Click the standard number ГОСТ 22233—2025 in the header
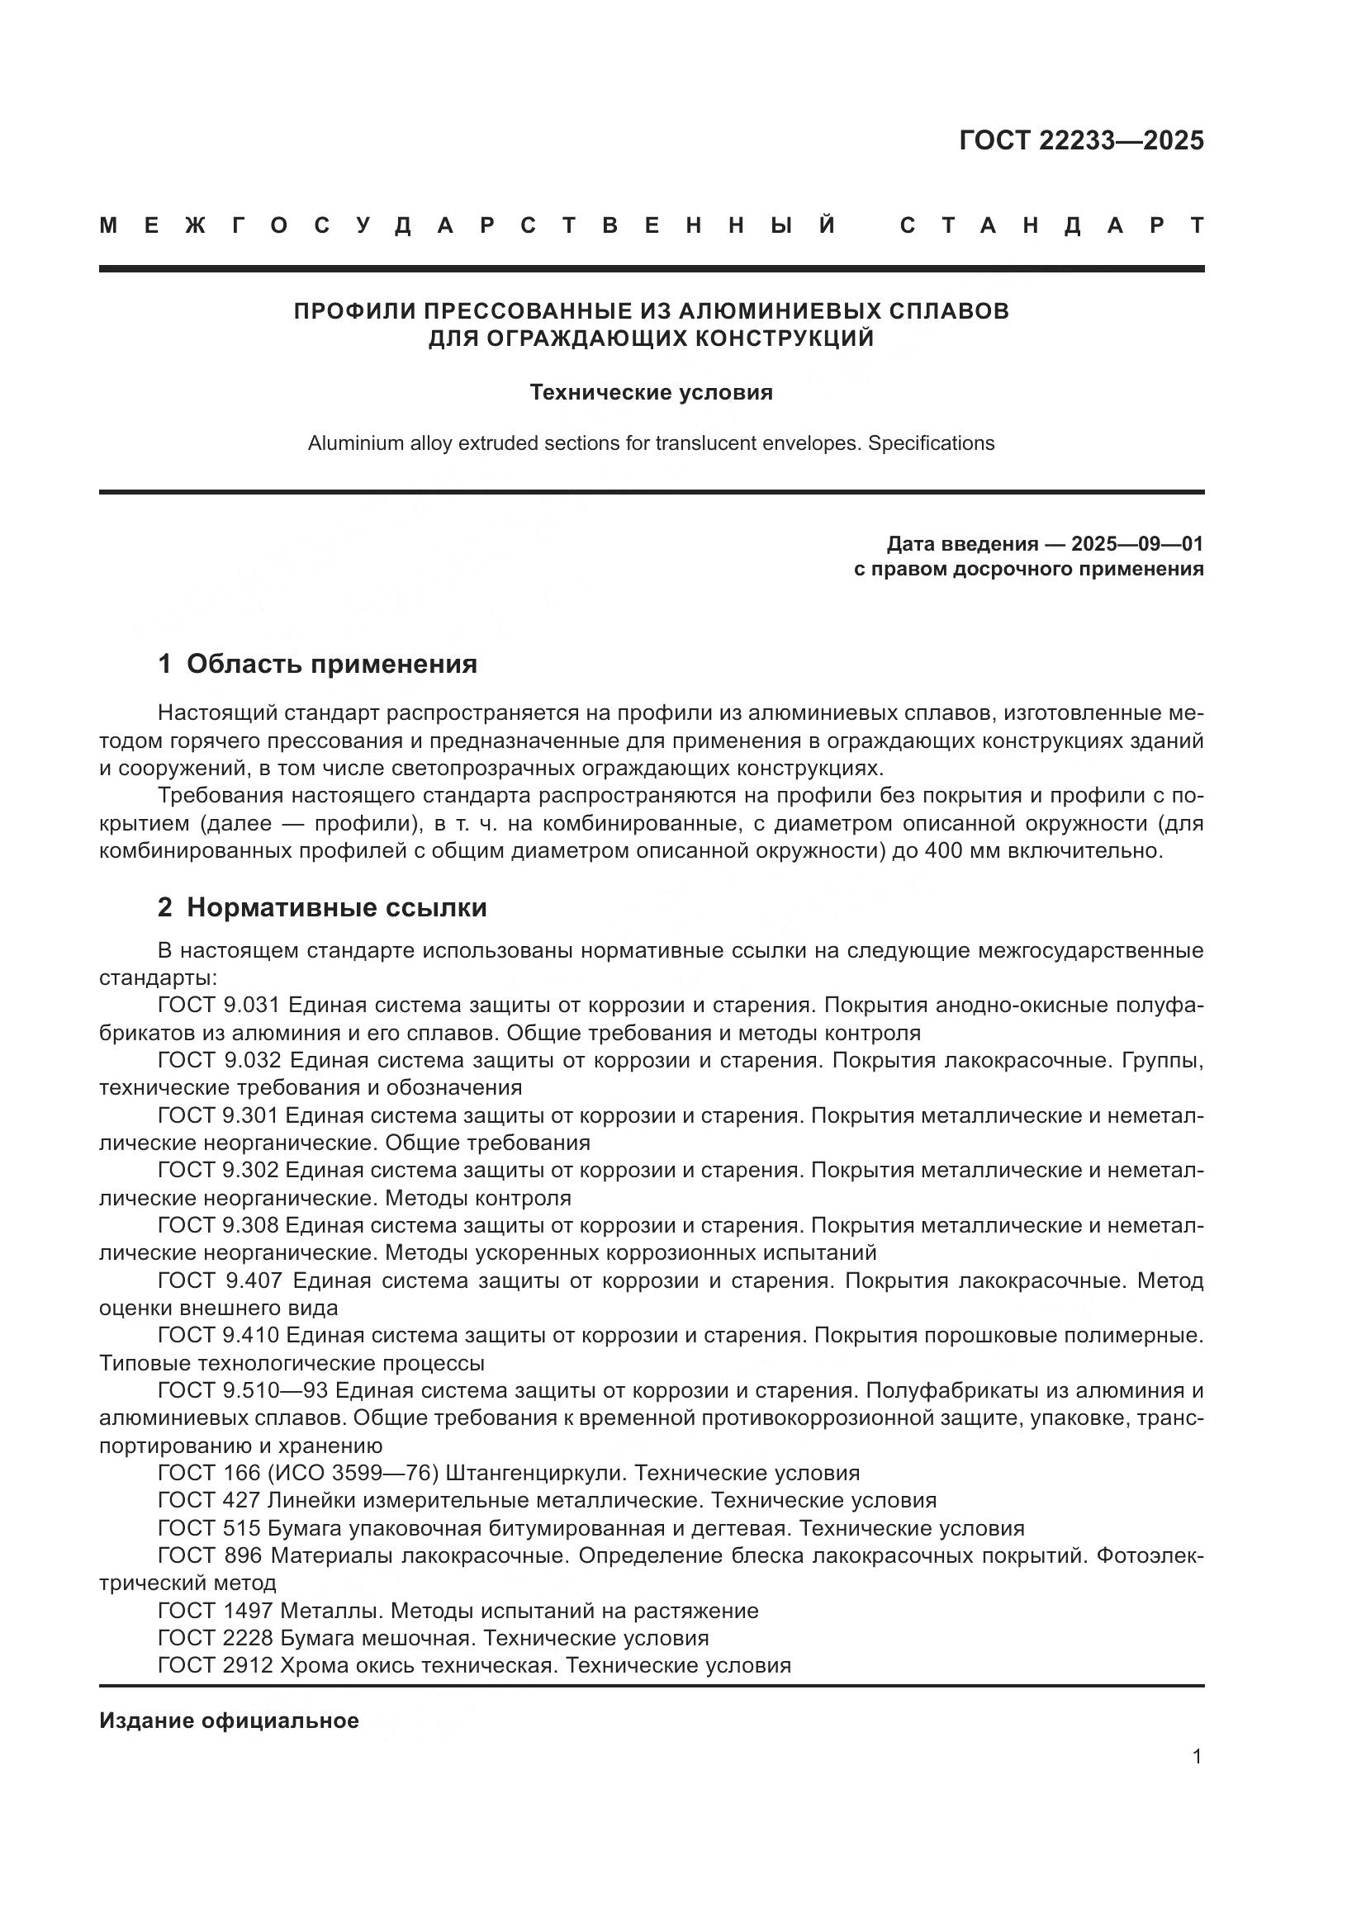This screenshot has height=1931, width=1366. (1081, 140)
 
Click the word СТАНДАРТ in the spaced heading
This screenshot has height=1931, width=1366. (1051, 225)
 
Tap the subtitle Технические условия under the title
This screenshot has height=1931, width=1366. (651, 393)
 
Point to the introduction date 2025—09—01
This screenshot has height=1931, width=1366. (1136, 543)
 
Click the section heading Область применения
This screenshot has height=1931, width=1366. (331, 665)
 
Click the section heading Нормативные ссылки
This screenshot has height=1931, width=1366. (336, 907)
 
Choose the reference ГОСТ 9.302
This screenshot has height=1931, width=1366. (221, 1170)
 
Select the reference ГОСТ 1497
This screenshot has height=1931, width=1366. (216, 1611)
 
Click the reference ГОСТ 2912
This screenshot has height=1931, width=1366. (216, 1665)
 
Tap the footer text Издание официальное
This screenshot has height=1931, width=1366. (229, 1720)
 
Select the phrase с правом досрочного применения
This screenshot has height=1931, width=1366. (1028, 570)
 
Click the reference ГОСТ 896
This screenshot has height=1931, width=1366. (211, 1555)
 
